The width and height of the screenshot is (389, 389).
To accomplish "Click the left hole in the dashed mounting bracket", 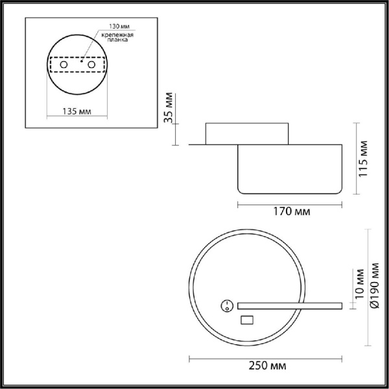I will click(63, 65).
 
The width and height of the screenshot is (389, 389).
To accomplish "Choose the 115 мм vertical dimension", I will click(364, 158).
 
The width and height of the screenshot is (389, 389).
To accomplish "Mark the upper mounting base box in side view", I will click(247, 134).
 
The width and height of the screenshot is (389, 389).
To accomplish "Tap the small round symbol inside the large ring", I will click(228, 305).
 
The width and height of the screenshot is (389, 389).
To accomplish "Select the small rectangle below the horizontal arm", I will click(247, 319).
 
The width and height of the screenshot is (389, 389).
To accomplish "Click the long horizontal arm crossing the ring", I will click(290, 305).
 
